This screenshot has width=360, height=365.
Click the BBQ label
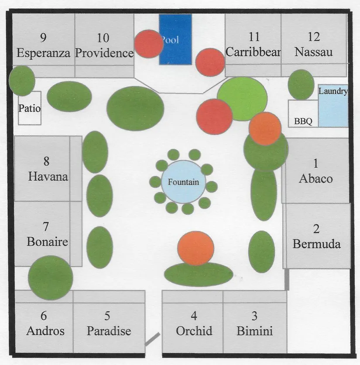[x=303, y=122]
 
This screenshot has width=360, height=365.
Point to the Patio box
[x=30, y=108]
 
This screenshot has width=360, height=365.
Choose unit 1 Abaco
[x=316, y=171]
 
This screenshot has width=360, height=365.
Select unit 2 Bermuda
[x=317, y=236]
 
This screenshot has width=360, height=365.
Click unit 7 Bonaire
[x=47, y=234]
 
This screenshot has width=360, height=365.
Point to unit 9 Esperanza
[x=43, y=45]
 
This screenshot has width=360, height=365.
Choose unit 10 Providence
[x=104, y=45]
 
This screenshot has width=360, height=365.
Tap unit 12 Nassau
[x=313, y=44]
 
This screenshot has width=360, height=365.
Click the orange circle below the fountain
[x=196, y=248]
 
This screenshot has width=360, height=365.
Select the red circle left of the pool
[x=148, y=44]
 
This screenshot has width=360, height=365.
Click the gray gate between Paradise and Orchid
[x=152, y=339]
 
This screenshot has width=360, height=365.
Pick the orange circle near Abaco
[x=265, y=129]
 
